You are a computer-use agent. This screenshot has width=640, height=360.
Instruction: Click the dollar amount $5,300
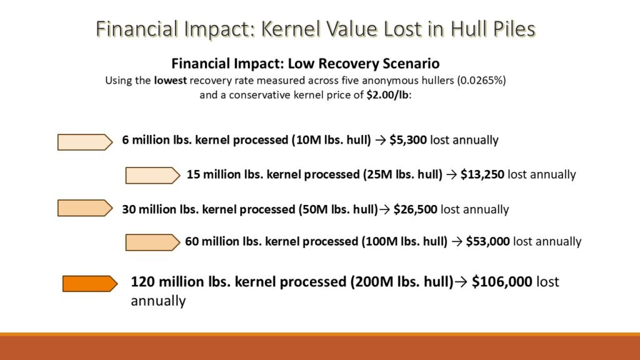[408, 140]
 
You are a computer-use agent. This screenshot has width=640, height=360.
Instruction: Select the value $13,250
[482, 174]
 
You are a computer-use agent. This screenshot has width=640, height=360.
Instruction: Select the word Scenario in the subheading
[411, 64]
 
